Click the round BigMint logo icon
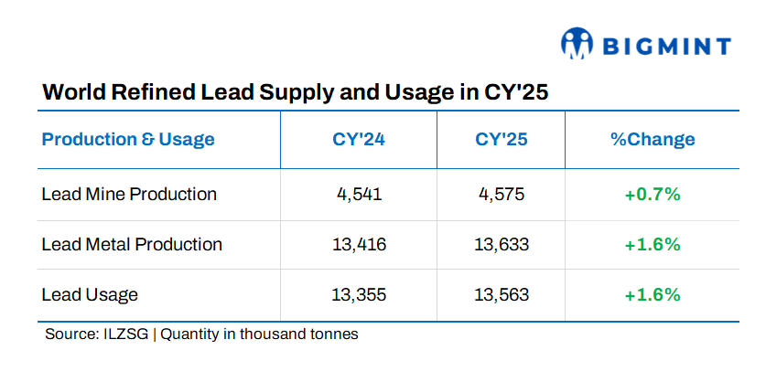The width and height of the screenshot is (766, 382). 577,44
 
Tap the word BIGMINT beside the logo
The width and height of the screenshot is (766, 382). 665,46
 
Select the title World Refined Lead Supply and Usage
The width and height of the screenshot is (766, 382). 295,93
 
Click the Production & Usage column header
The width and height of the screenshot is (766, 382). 128,140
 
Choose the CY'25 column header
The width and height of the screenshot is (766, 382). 502,140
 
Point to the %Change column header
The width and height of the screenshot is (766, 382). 652,140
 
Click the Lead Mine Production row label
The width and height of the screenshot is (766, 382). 129,194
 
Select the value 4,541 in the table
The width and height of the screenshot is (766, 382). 359,194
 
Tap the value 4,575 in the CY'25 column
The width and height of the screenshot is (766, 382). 502,194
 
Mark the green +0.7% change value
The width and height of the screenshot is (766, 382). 652,194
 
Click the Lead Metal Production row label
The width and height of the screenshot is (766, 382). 132,244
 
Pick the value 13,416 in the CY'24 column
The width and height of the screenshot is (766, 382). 359,244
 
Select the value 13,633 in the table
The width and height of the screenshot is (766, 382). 502,244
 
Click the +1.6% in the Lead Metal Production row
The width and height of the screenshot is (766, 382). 652,244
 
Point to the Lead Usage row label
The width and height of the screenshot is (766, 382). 90,294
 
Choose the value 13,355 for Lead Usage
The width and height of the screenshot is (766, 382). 359,294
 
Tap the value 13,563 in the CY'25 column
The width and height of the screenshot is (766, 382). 502,294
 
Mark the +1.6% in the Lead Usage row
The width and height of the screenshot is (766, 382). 652,294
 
